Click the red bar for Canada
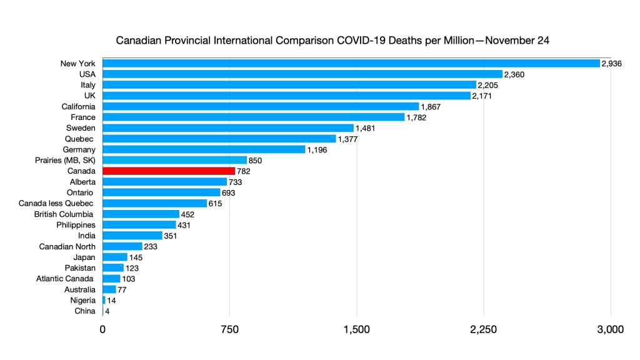169,171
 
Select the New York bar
351,63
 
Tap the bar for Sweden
227,127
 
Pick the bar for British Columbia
141,214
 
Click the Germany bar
204,149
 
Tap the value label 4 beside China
107,311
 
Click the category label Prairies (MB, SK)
65,160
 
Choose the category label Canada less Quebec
56,203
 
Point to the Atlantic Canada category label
65,278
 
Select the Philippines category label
76,224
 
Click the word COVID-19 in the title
358,41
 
